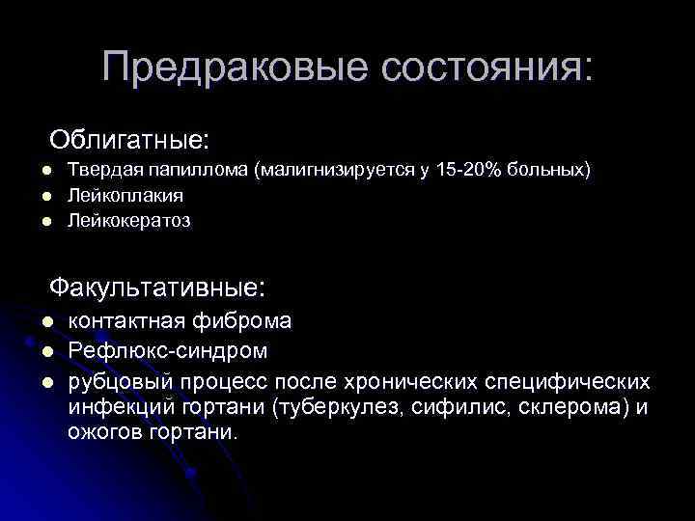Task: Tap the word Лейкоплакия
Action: coord(125,195)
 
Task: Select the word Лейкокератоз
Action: coord(129,221)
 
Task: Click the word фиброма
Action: coord(250,321)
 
